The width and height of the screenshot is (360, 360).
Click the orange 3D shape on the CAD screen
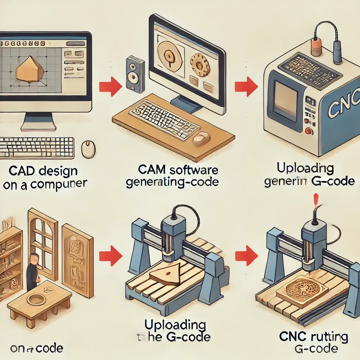click(30, 70)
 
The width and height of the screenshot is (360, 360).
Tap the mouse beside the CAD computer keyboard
click(88, 149)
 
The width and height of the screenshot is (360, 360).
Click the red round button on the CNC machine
click(309, 131)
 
